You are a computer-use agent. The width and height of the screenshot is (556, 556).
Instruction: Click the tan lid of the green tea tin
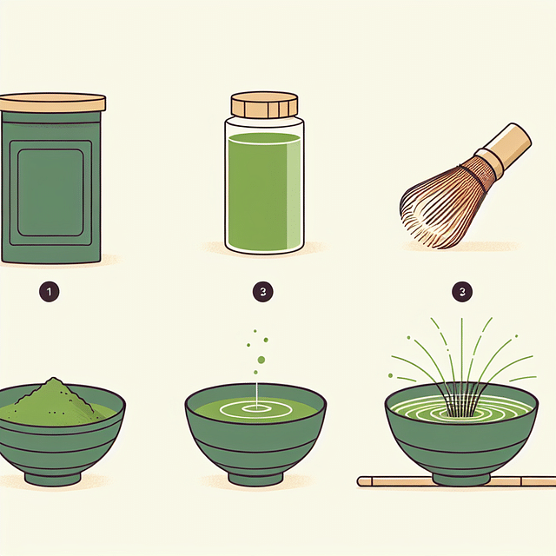pos(52,103)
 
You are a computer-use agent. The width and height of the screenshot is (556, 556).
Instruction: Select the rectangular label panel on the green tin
pos(50,193)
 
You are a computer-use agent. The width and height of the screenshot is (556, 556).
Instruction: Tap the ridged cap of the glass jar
pos(264,105)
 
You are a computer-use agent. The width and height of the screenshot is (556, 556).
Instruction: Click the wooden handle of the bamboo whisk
pos(504,149)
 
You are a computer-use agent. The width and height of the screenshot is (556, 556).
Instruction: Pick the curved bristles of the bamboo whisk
pos(443,206)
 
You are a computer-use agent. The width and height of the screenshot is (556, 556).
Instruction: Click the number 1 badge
pos(49,292)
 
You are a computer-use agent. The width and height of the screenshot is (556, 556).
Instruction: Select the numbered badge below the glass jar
pos(262,292)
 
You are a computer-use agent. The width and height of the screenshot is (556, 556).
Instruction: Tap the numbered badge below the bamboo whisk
pos(462,292)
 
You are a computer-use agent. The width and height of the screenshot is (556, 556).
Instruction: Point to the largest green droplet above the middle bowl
pos(261,360)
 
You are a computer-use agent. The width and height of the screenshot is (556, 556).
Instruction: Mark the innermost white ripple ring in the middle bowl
pos(256,408)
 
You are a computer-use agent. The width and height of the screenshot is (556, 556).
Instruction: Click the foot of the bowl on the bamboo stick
pos(461,479)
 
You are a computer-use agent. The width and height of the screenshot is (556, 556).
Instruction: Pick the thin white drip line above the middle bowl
pos(256,394)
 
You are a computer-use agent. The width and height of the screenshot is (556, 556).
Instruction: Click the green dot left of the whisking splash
pos(391,375)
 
